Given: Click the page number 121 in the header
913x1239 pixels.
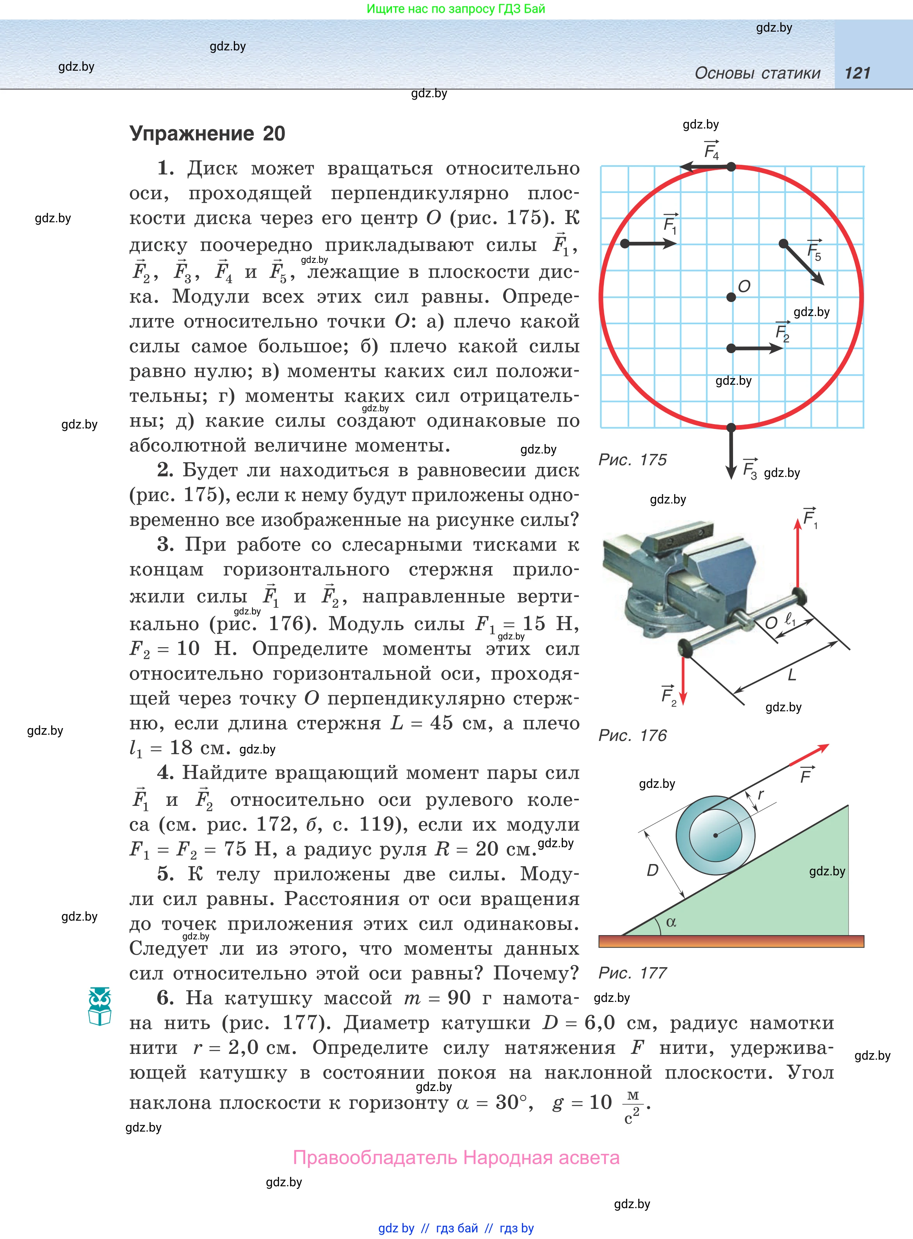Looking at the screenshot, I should (x=857, y=73).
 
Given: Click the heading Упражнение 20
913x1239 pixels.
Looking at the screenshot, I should (x=207, y=134).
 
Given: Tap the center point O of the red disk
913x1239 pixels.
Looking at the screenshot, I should (x=731, y=298).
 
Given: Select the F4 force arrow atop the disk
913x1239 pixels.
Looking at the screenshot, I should (x=705, y=166).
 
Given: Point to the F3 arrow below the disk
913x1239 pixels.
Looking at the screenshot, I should (x=731, y=453).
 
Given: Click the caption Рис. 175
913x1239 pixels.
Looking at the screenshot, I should (x=632, y=460).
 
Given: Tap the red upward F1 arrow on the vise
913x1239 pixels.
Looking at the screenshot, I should (x=797, y=553).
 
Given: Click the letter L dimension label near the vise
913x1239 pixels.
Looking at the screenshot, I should (x=792, y=675).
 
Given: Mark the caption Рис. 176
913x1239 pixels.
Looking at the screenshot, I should (x=632, y=736).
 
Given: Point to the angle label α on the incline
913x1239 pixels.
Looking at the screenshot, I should (x=671, y=922).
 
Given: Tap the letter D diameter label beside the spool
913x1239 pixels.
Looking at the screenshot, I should (x=653, y=871).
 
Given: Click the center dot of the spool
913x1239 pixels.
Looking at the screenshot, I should (x=715, y=835).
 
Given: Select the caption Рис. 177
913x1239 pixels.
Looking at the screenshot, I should (x=632, y=973).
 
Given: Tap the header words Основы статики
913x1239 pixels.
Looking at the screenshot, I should (x=757, y=73).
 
